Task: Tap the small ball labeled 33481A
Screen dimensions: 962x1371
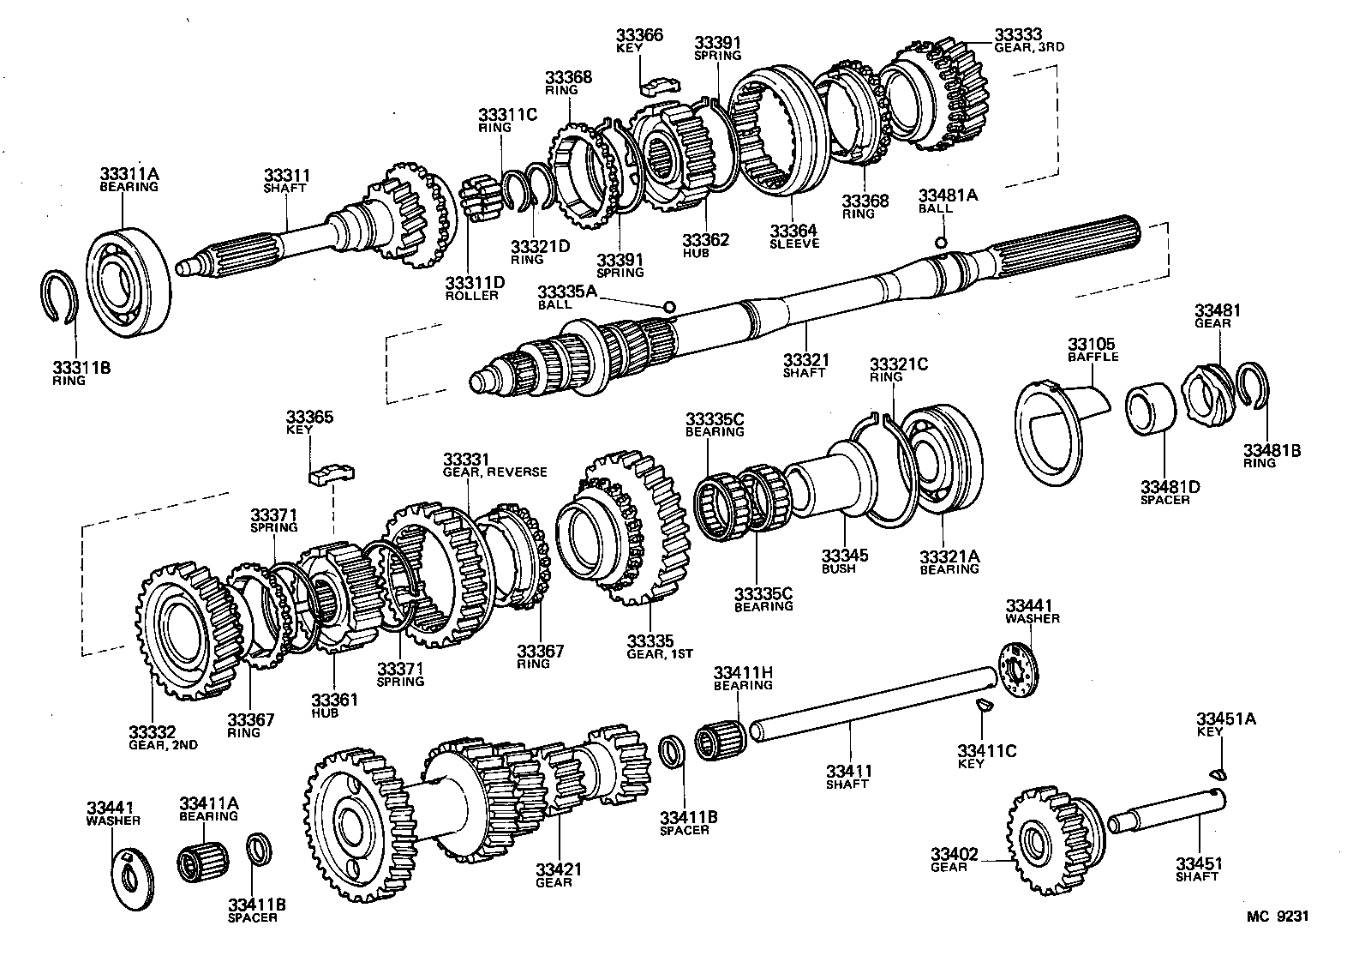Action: (x=941, y=243)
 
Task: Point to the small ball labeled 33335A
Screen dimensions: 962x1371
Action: (x=669, y=306)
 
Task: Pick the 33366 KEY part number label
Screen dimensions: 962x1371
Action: (x=639, y=40)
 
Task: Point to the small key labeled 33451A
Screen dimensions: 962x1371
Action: (x=1220, y=775)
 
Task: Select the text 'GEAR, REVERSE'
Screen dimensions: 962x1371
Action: (x=494, y=472)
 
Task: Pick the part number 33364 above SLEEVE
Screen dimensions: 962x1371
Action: (x=793, y=231)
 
